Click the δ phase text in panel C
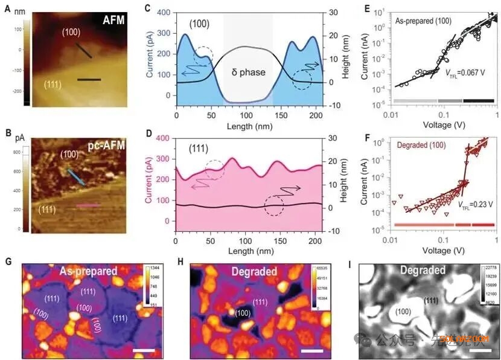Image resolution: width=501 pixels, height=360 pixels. [248, 72]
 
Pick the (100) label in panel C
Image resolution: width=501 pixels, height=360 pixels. [199, 24]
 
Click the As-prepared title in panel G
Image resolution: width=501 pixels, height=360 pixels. [88, 272]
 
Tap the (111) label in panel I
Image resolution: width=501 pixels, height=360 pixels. [430, 300]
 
